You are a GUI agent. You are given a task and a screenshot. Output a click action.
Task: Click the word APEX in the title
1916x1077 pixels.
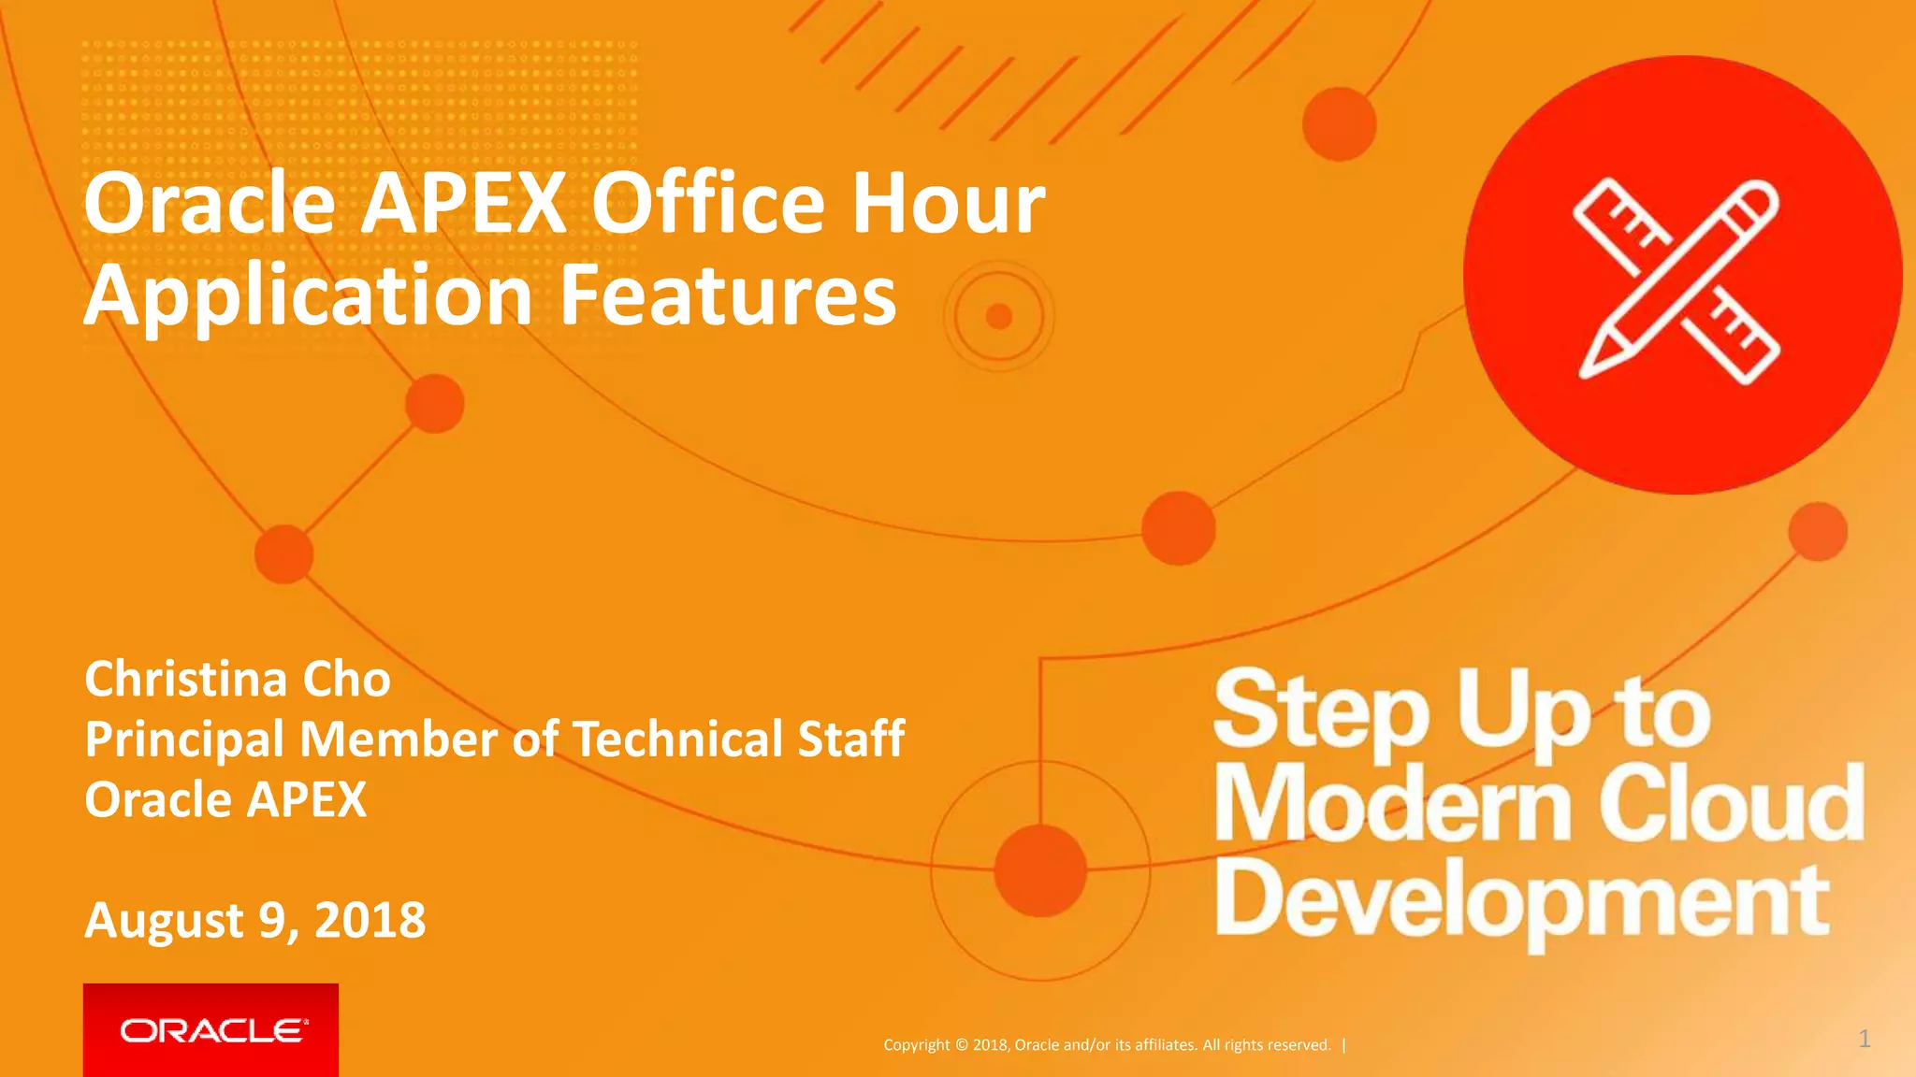pyautogui.click(x=464, y=203)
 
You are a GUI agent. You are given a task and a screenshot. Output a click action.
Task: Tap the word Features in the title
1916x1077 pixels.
pyautogui.click(x=728, y=295)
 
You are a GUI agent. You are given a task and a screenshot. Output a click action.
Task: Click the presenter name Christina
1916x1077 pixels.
pyautogui.click(x=185, y=679)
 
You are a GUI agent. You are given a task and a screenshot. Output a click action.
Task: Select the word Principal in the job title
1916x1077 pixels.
pyautogui.click(x=184, y=740)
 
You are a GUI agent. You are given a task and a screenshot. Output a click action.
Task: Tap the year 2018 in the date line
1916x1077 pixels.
pyautogui.click(x=370, y=920)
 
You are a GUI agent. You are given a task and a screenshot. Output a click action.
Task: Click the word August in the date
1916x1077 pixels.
pyautogui.click(x=165, y=922)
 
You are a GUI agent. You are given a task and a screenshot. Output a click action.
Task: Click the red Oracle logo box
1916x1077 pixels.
pyautogui.click(x=210, y=1029)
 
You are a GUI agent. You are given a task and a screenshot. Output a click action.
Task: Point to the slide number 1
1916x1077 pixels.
pyautogui.click(x=1864, y=1039)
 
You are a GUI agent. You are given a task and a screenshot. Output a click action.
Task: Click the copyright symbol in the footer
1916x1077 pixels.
pyautogui.click(x=960, y=1045)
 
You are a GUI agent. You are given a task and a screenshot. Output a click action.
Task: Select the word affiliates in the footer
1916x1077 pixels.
pyautogui.click(x=1166, y=1045)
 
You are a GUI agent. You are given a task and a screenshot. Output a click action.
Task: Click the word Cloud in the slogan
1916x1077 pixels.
pyautogui.click(x=1731, y=802)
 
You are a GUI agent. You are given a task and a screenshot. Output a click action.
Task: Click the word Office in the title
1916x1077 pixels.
pyautogui.click(x=707, y=203)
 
